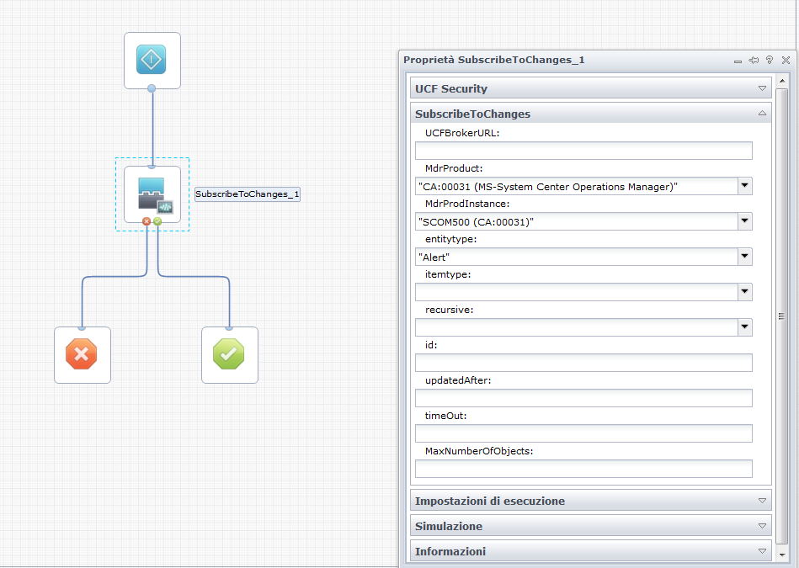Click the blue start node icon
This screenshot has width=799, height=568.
click(152, 60)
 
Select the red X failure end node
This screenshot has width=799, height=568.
click(82, 355)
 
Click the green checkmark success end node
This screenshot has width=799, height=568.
click(229, 355)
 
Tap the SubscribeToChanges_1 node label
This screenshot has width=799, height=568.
click(248, 194)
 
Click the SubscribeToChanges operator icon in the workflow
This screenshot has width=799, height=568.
click(152, 194)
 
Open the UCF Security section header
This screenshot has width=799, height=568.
click(590, 88)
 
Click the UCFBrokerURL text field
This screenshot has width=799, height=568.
click(583, 151)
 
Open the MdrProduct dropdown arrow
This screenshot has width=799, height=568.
click(744, 186)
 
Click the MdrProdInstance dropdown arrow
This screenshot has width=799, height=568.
click(744, 221)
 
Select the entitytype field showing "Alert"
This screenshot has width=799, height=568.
click(576, 257)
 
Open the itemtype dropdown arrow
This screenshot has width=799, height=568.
click(744, 292)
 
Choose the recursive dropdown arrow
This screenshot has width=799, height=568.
click(744, 327)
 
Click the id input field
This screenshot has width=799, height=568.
click(583, 363)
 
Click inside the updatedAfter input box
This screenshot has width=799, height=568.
click(583, 398)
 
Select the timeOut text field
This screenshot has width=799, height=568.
click(583, 433)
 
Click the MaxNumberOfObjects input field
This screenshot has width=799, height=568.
click(583, 469)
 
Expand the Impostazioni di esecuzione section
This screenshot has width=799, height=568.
click(590, 501)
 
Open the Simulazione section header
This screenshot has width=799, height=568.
click(590, 526)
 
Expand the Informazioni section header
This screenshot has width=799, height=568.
click(590, 551)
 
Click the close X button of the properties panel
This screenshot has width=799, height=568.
click(786, 60)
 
